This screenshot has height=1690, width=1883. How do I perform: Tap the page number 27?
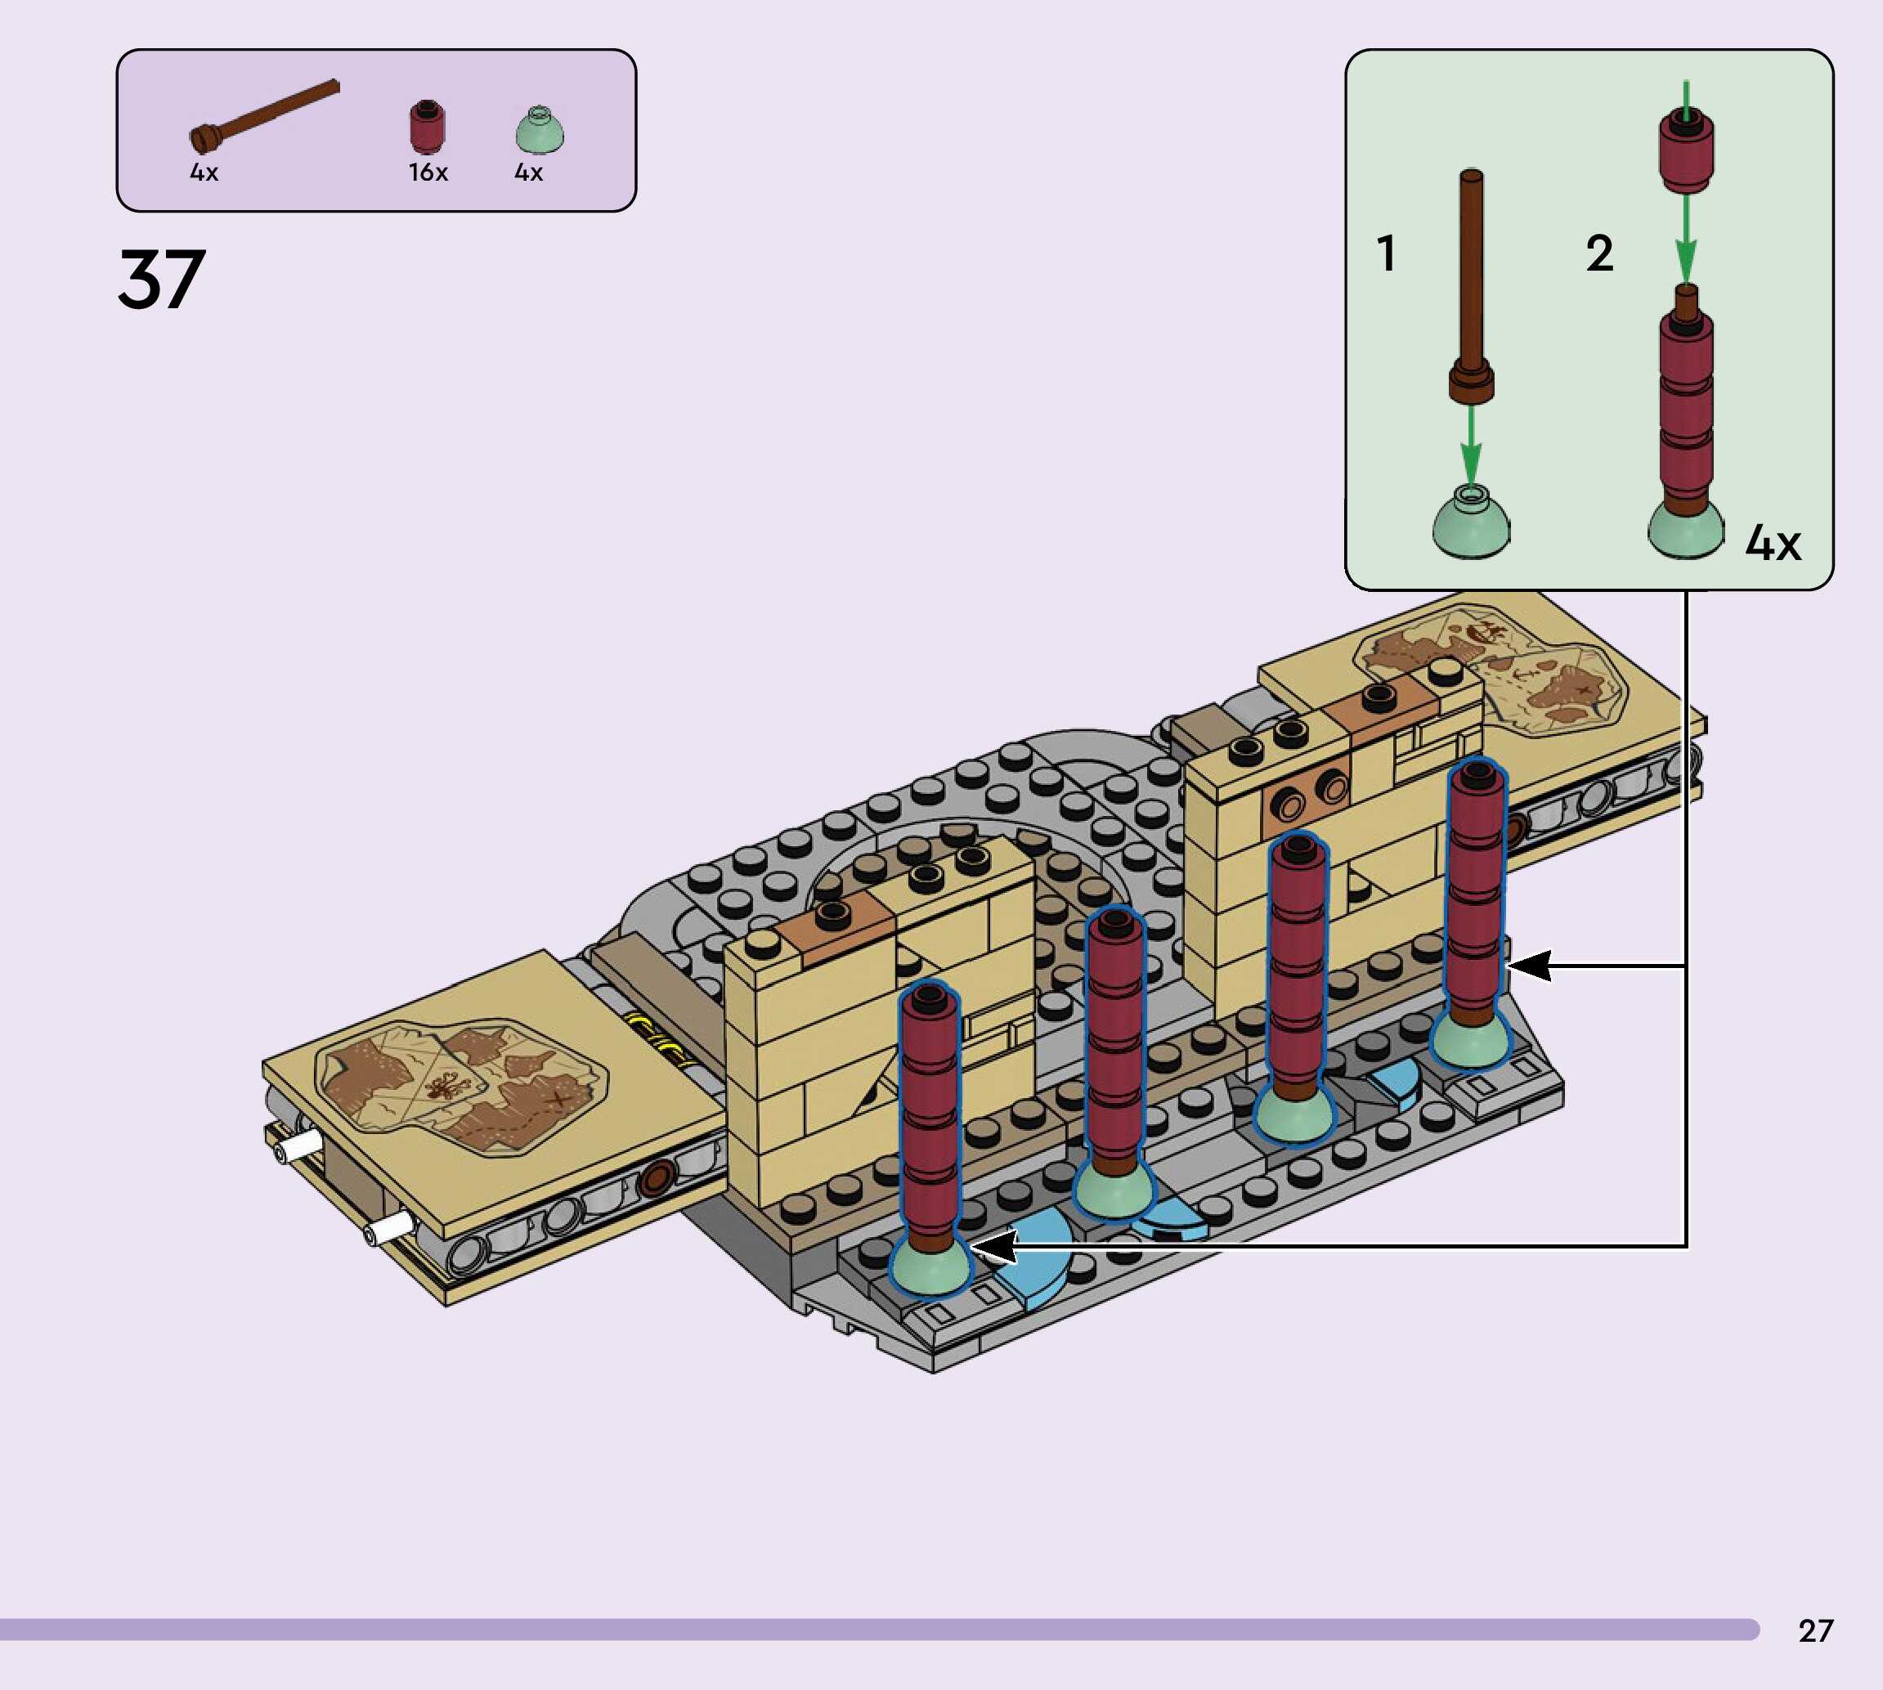coord(1815,1630)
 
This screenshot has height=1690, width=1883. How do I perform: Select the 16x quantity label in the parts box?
coord(428,172)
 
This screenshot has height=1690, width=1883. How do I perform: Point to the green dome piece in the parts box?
coord(540,130)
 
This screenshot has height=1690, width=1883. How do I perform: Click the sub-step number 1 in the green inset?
coord(1386,253)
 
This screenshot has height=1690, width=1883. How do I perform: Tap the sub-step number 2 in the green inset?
coord(1599,253)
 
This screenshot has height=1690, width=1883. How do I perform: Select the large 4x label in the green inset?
coord(1773,542)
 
